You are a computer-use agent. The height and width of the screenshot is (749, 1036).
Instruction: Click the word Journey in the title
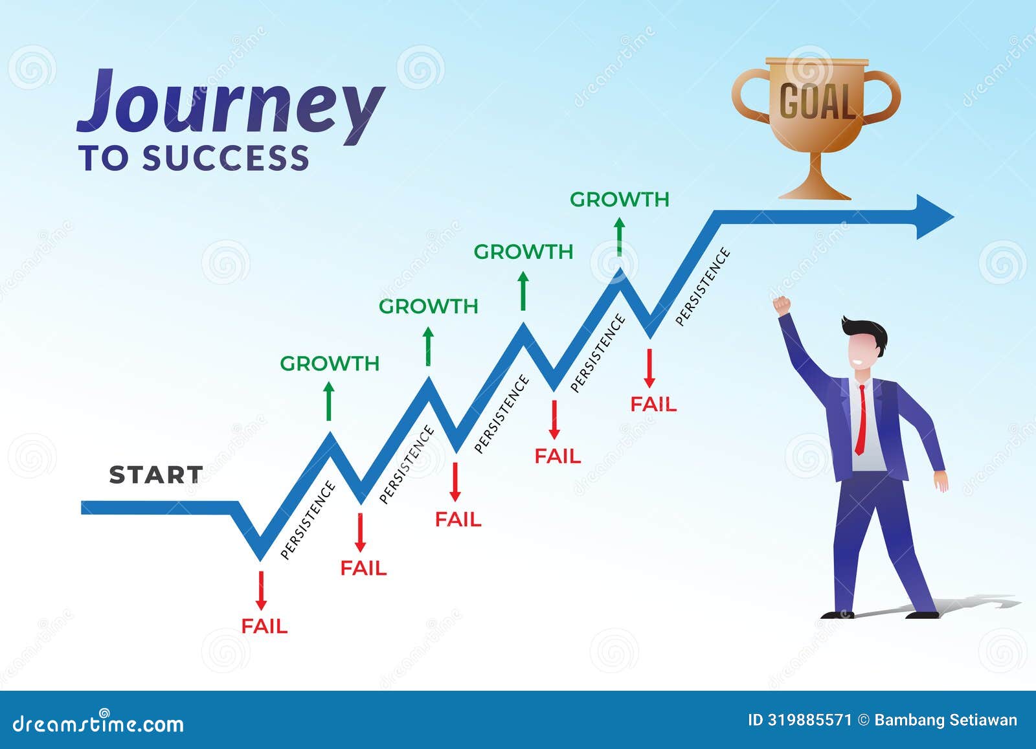(x=230, y=107)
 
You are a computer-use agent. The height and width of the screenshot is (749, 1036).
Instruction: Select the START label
(x=155, y=475)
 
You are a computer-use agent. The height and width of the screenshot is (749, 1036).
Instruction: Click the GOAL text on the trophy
(x=816, y=102)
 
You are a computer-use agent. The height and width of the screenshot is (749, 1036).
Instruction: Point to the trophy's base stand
(x=815, y=190)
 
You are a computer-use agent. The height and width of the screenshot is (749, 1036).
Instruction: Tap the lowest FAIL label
(x=264, y=626)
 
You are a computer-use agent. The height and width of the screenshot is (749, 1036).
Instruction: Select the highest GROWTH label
(x=619, y=199)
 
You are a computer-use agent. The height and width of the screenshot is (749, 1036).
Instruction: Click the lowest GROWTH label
(x=330, y=364)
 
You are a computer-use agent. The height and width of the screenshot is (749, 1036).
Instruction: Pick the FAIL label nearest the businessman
(x=653, y=405)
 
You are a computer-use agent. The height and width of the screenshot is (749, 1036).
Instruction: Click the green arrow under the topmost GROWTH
(x=619, y=236)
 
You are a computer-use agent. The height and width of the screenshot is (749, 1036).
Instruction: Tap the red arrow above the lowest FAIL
(x=261, y=590)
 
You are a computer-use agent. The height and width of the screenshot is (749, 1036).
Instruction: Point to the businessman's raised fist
(x=782, y=304)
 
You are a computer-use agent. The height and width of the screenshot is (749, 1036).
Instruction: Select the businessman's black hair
(x=866, y=329)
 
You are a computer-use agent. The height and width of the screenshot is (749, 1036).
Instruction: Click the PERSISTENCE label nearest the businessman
(x=703, y=286)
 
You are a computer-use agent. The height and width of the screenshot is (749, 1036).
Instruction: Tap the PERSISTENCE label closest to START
(x=308, y=520)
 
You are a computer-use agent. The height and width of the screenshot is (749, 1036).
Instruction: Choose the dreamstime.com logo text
(x=98, y=723)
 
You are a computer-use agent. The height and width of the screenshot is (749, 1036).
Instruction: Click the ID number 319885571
(x=809, y=720)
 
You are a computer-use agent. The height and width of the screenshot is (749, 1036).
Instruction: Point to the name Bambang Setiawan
(x=945, y=720)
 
